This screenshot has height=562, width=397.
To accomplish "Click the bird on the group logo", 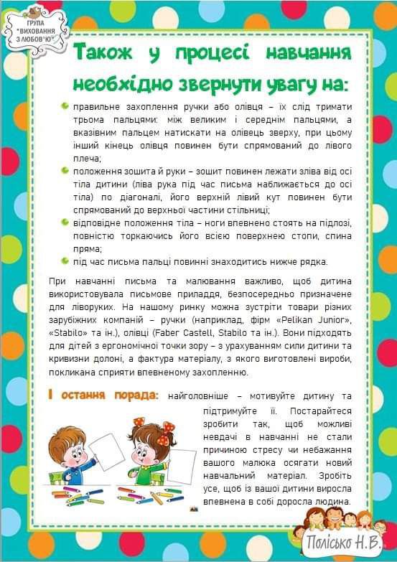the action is [33, 11].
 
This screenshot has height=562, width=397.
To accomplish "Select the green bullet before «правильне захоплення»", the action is [65, 106].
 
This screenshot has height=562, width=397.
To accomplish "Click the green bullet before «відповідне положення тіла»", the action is [65, 223].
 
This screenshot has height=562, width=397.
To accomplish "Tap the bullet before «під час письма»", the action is [65, 261].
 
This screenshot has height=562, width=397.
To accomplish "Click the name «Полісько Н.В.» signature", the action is [342, 543].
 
